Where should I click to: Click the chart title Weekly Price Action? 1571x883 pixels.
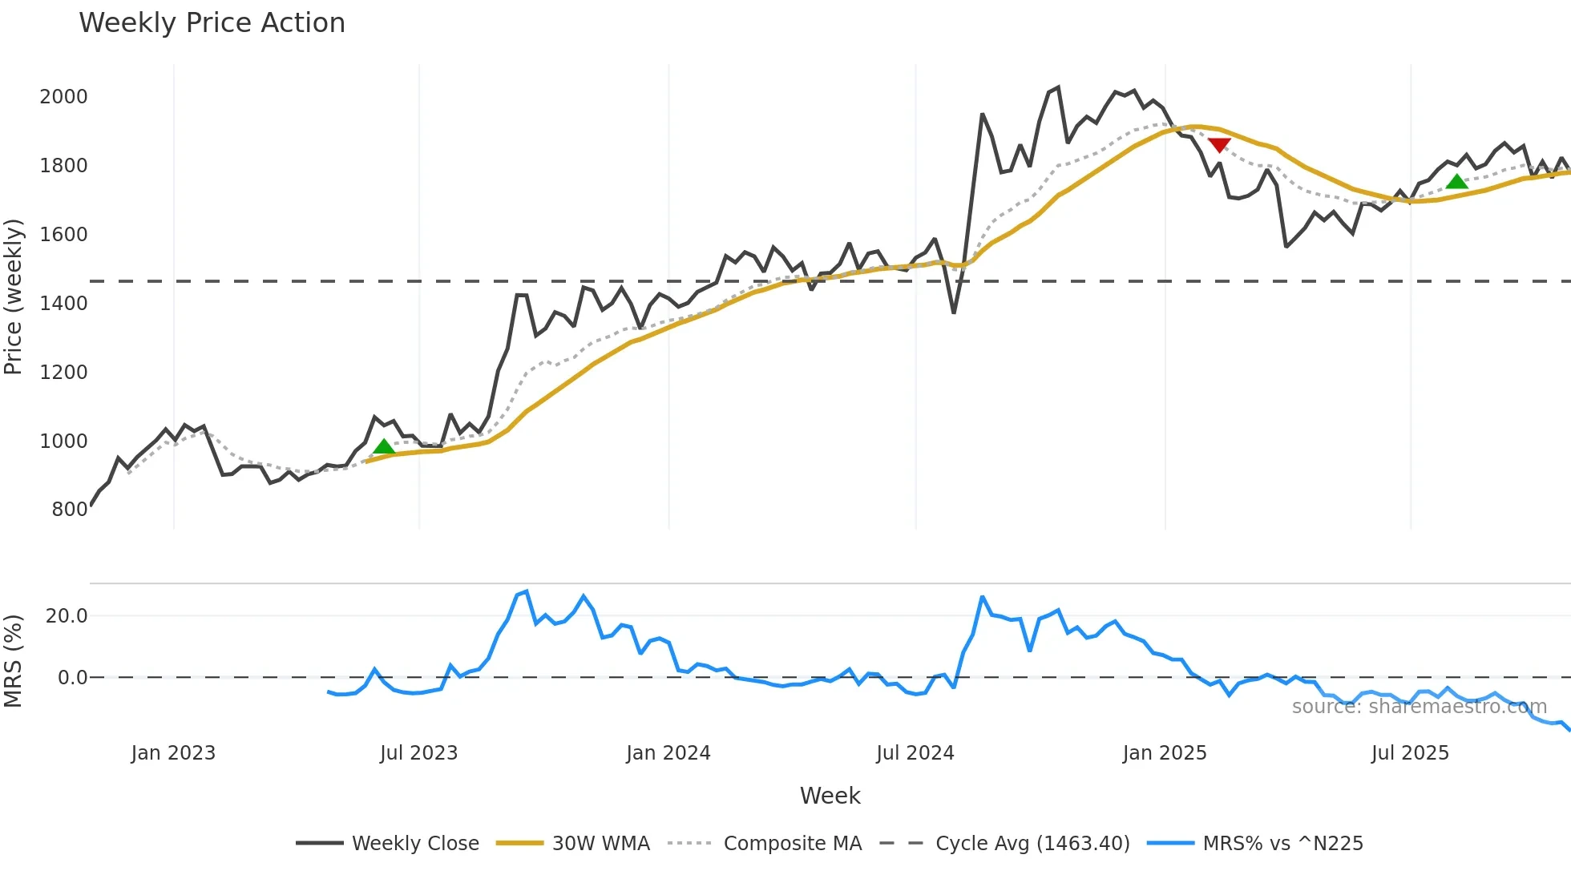click(212, 23)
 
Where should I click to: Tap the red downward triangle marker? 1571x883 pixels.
click(1219, 145)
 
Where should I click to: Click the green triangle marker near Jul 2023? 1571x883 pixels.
click(384, 447)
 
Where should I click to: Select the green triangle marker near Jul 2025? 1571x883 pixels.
click(1457, 182)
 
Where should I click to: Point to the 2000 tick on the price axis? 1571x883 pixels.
click(63, 97)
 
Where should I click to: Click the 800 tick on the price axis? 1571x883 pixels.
click(69, 510)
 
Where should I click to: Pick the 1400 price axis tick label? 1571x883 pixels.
click(63, 304)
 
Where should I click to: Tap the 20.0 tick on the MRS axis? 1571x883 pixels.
click(67, 616)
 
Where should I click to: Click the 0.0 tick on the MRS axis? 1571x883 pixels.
click(72, 678)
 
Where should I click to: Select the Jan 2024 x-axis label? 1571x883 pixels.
click(668, 753)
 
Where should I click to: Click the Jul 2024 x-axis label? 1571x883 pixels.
click(915, 753)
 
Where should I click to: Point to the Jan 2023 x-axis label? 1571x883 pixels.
click(173, 753)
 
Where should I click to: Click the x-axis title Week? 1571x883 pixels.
click(830, 796)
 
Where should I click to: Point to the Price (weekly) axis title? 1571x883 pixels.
click(14, 296)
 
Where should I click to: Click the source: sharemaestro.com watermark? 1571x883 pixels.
click(1419, 707)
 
